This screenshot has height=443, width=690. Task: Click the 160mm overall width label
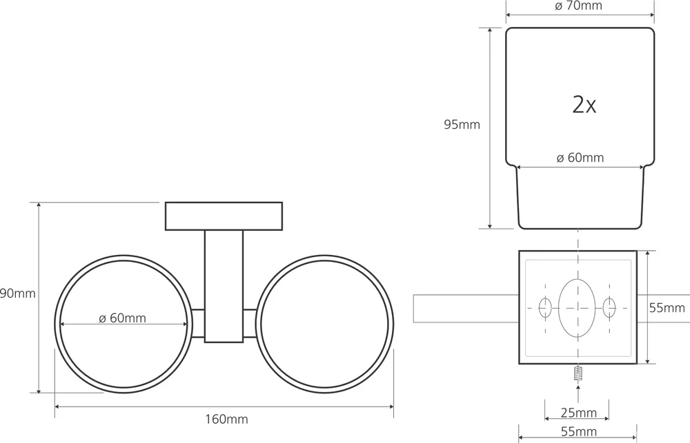click(x=224, y=419)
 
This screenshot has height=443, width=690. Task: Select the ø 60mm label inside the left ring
click(x=123, y=318)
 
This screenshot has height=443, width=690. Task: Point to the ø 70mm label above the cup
click(x=578, y=6)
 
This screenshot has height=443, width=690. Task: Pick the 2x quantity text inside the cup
click(x=584, y=105)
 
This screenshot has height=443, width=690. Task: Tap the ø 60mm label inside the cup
click(x=580, y=158)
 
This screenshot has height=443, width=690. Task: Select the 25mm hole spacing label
click(x=578, y=413)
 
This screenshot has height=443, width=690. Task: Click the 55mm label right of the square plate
click(x=667, y=307)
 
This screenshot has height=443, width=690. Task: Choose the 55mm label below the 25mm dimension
click(x=578, y=432)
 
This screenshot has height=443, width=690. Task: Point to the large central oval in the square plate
click(x=576, y=307)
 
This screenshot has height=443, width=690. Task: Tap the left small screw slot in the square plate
click(x=544, y=307)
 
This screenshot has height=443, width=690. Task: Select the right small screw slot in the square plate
click(x=609, y=307)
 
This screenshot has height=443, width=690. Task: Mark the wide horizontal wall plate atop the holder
click(x=224, y=216)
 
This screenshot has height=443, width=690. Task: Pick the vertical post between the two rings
click(x=224, y=286)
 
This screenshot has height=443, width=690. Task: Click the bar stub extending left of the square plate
click(x=465, y=308)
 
